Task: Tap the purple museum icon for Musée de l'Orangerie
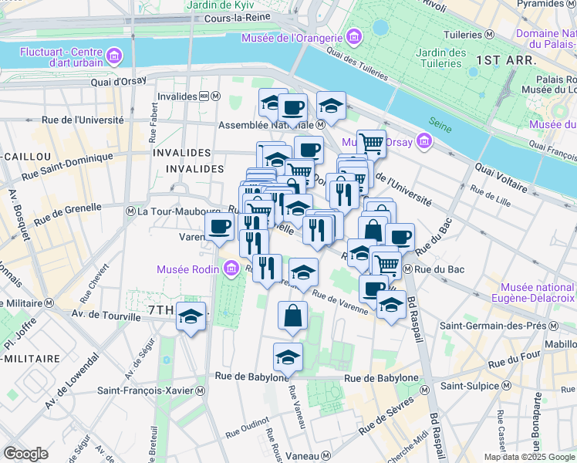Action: [x=354, y=37]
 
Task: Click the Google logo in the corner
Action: [x=25, y=454]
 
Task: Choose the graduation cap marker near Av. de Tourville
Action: [x=191, y=316]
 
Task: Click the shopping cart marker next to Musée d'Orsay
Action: [x=372, y=142]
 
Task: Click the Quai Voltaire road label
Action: [x=502, y=176]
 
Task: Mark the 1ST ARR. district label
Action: [x=501, y=59]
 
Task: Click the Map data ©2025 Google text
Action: [x=528, y=456]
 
